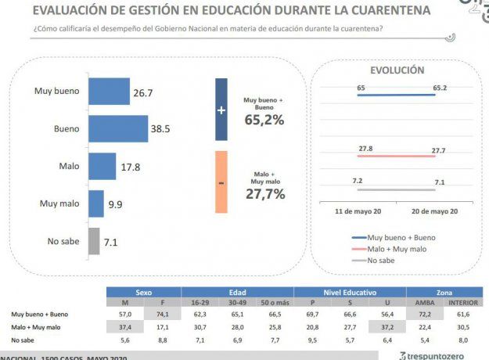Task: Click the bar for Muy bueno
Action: coord(109,92)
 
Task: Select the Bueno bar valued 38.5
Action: coord(118,128)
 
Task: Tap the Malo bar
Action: coord(102,166)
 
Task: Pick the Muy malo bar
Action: coord(96,203)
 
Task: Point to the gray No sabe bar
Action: coord(94,241)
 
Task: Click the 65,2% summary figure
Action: coord(264,120)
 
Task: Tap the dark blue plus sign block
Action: coord(221,110)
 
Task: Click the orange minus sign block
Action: coord(221,182)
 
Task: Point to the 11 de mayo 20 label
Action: coord(358,212)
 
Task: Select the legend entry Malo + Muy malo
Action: coord(397,248)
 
